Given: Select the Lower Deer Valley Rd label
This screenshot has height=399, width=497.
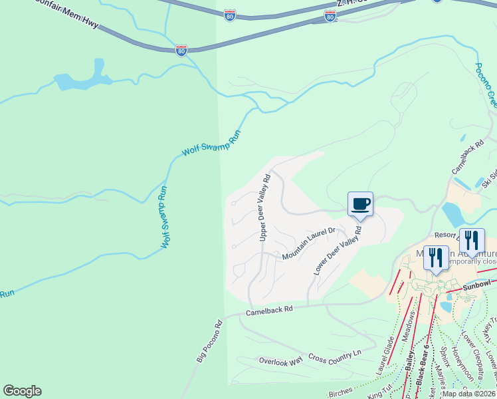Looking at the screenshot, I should click(x=338, y=251).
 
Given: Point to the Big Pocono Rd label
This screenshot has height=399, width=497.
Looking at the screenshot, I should click(x=209, y=341).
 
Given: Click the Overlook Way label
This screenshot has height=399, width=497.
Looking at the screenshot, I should click(x=280, y=360).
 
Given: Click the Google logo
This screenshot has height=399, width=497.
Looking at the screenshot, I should click(x=22, y=391).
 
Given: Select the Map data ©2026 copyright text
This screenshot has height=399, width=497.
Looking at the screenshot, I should click(x=468, y=393).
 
